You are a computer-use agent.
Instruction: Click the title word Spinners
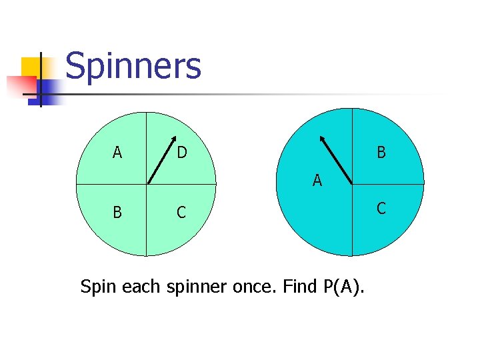click(133, 67)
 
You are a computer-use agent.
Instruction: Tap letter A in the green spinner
click(117, 153)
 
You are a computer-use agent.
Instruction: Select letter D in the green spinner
click(181, 153)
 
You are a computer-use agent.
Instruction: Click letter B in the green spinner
click(117, 213)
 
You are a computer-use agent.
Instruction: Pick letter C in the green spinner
click(181, 213)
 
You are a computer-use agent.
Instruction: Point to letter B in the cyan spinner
click(381, 153)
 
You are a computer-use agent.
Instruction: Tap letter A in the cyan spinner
click(317, 180)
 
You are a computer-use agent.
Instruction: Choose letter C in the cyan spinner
click(381, 209)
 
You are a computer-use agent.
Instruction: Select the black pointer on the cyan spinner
click(336, 159)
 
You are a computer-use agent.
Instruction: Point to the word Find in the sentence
click(298, 287)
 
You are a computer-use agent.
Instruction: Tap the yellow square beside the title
click(31, 67)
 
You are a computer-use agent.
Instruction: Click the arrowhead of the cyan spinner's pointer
click(323, 140)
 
